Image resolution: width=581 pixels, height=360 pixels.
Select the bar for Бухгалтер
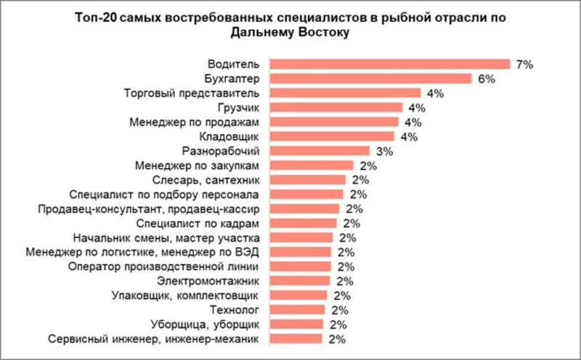click(373, 78)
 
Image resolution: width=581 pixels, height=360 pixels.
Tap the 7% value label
click(524, 64)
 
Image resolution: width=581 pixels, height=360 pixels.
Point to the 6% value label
click(486, 78)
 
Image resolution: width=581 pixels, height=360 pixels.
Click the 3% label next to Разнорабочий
click(383, 151)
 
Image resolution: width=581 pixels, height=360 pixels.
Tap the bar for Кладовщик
click(334, 136)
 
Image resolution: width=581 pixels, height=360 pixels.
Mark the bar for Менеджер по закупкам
click(313, 165)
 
